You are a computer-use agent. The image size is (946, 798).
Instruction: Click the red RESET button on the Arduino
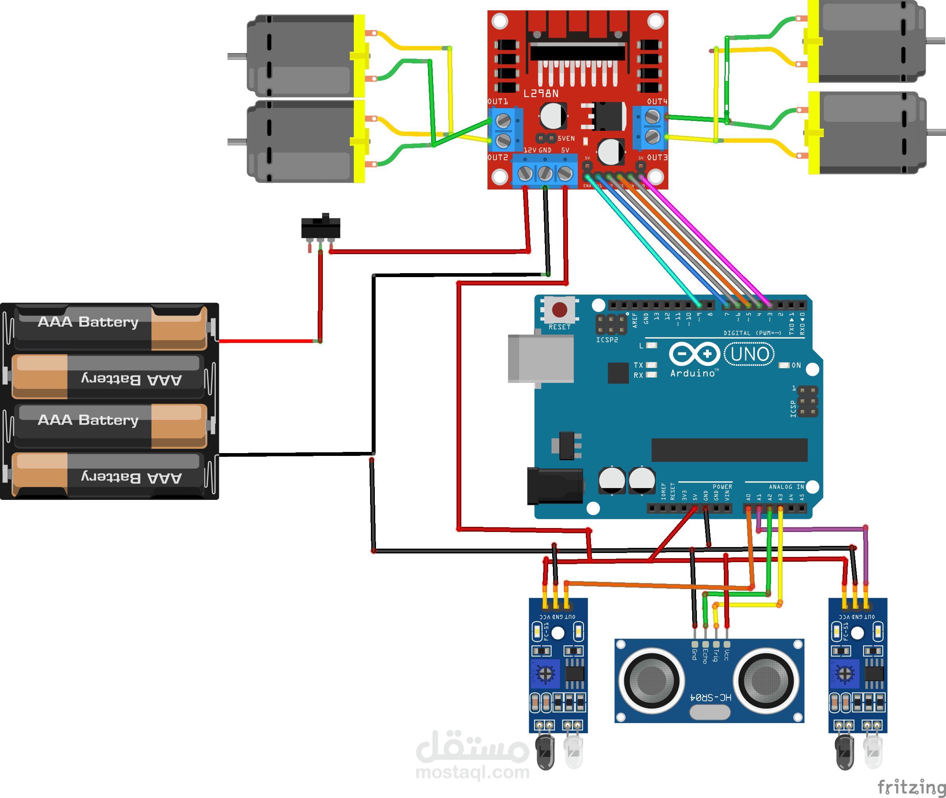(x=559, y=310)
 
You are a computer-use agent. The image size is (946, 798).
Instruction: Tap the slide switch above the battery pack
(x=320, y=227)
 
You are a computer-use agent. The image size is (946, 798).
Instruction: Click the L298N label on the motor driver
(x=541, y=94)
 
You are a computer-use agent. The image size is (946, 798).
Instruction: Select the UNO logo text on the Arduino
(x=749, y=354)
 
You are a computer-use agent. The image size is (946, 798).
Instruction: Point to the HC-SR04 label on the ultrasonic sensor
(x=710, y=697)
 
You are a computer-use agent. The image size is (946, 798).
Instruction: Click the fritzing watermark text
(x=911, y=787)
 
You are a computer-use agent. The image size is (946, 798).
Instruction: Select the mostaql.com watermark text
(x=472, y=772)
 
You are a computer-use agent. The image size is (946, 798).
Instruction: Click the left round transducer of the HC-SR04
(x=651, y=680)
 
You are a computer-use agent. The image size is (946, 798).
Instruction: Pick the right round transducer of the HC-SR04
(x=766, y=680)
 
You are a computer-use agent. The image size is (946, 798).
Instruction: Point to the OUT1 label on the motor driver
(x=497, y=101)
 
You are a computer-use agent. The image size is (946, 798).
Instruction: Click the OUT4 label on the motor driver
(x=657, y=101)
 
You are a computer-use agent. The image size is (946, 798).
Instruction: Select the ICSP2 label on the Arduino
(x=606, y=340)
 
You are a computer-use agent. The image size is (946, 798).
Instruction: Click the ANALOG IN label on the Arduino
(x=786, y=487)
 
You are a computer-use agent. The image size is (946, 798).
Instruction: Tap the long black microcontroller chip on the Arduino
(x=729, y=450)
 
